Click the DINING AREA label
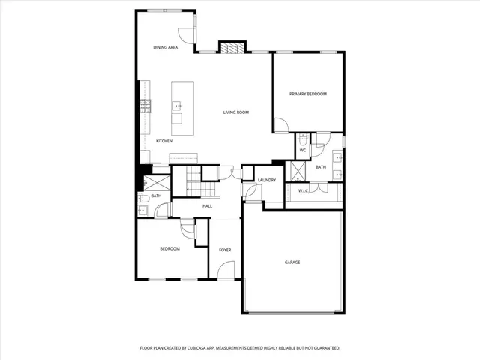[165, 48]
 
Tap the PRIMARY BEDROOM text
[309, 94]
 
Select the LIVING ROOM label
[235, 112]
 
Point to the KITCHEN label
[164, 141]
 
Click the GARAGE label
[292, 262]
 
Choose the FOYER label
[224, 249]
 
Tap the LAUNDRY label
[267, 181]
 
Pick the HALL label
[207, 206]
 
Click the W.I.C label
[303, 190]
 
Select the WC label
[303, 151]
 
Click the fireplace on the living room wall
[231, 47]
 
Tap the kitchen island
[178, 107]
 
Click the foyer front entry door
[226, 268]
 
